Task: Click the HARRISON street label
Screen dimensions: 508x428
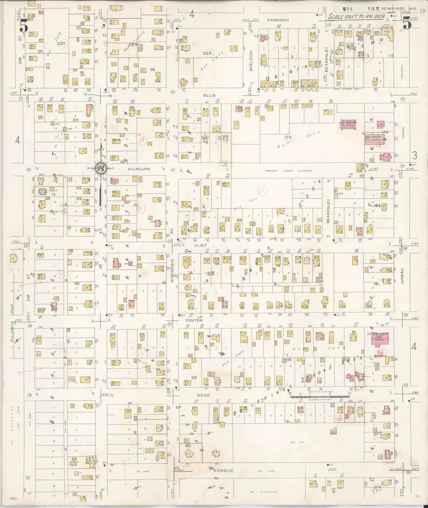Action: pos(278,20)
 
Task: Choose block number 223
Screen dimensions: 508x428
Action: pos(207,53)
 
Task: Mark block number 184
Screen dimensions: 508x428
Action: pos(377,205)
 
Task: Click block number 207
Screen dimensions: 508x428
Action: pos(377,433)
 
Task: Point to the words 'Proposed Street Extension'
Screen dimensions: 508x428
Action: pos(288,171)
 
